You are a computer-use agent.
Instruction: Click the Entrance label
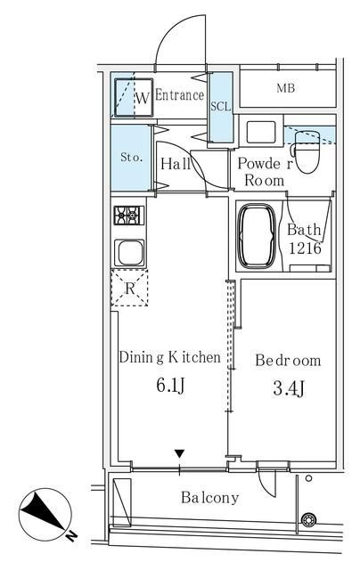click(x=179, y=95)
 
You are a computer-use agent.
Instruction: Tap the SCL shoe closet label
click(x=221, y=107)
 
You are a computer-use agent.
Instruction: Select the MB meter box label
click(x=285, y=88)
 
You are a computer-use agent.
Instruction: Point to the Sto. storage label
click(x=131, y=158)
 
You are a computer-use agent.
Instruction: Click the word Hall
click(x=176, y=164)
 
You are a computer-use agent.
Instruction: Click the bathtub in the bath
click(x=256, y=235)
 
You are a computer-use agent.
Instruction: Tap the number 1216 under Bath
click(x=305, y=248)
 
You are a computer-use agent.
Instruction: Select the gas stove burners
click(x=128, y=216)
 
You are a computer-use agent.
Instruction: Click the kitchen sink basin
click(x=129, y=253)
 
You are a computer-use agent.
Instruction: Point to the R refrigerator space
click(x=129, y=288)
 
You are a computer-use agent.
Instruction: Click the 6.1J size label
click(x=170, y=385)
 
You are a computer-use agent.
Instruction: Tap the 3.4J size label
click(x=289, y=388)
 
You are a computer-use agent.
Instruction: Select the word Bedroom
click(x=288, y=360)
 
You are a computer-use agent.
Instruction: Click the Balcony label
click(x=209, y=497)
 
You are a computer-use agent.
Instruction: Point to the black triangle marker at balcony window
click(x=179, y=453)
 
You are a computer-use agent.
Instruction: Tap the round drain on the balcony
click(x=308, y=519)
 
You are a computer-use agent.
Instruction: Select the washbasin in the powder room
click(x=261, y=132)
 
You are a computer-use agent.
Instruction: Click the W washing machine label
click(x=143, y=98)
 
